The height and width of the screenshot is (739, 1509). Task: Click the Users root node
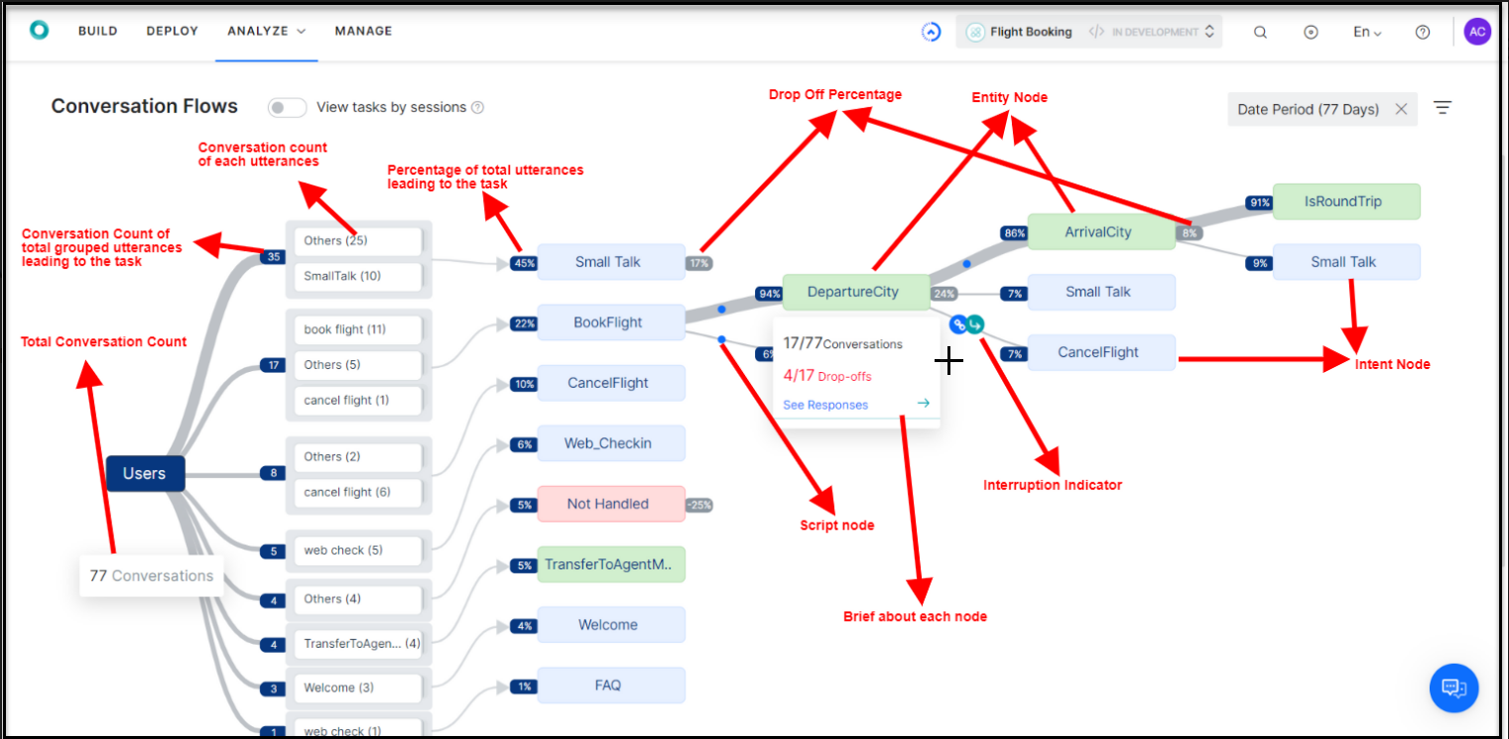pyautogui.click(x=145, y=474)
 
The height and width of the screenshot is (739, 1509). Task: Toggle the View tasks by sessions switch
pyautogui.click(x=287, y=107)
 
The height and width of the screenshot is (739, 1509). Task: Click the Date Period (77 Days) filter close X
pyautogui.click(x=1401, y=109)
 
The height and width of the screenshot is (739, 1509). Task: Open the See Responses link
pyautogui.click(x=825, y=405)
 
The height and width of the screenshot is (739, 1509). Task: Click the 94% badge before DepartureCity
pyautogui.click(x=768, y=293)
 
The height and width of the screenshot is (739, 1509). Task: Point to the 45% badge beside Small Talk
pyautogui.click(x=523, y=263)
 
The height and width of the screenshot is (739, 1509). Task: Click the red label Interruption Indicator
pyautogui.click(x=1052, y=485)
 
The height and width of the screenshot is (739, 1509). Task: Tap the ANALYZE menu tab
pyautogui.click(x=266, y=31)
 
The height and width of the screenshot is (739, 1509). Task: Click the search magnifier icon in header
pyautogui.click(x=1260, y=32)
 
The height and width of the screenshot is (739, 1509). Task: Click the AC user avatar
pyautogui.click(x=1476, y=32)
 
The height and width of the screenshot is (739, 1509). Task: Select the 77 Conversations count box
pyautogui.click(x=152, y=575)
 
